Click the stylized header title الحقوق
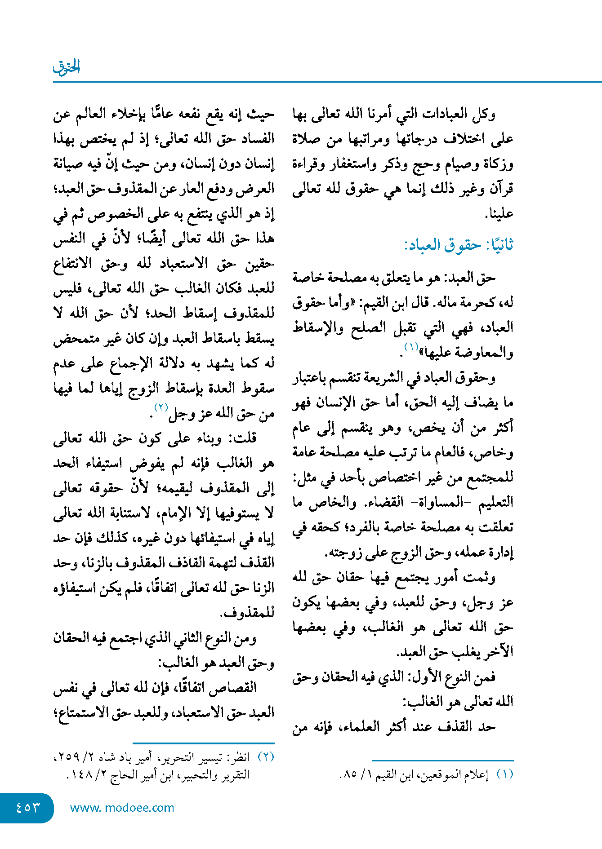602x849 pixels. coord(67,67)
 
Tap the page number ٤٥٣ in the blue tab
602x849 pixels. coord(28,807)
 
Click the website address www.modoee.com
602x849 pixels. coord(122,808)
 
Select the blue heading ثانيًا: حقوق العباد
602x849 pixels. coord(459,245)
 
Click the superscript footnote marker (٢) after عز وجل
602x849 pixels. coord(161,407)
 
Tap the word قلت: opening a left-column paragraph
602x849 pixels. coord(243,438)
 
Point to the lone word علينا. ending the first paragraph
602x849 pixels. coord(499,214)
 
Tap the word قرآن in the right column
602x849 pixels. coord(501,189)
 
